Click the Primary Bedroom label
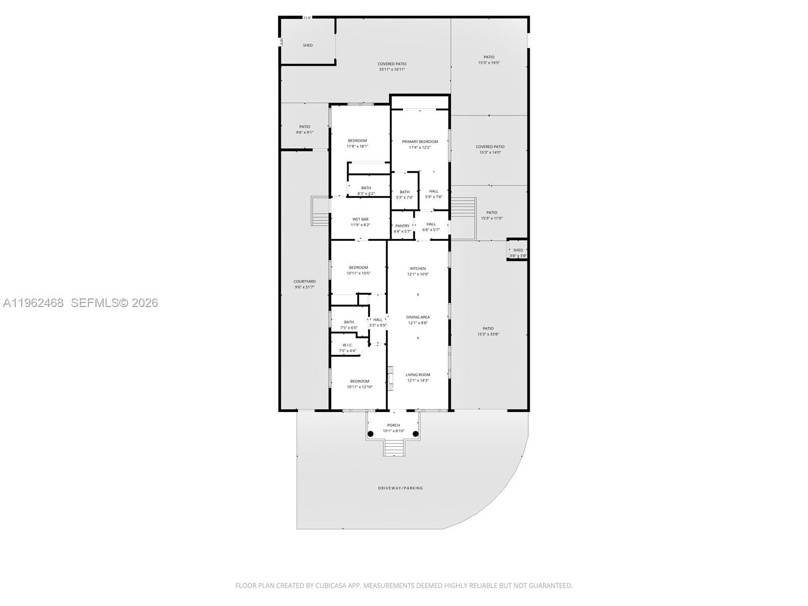(x=420, y=142)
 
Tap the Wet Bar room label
(x=360, y=219)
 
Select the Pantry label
(x=402, y=226)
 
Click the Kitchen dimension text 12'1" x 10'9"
(x=418, y=274)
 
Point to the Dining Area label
(x=418, y=317)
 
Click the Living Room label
(x=418, y=375)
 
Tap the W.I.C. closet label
(x=347, y=345)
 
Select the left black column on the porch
(x=370, y=434)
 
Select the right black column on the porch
(x=416, y=434)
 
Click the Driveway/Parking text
(x=400, y=488)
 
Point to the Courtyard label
(x=305, y=282)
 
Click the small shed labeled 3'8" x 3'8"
(x=518, y=250)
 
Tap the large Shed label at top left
(x=308, y=45)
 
